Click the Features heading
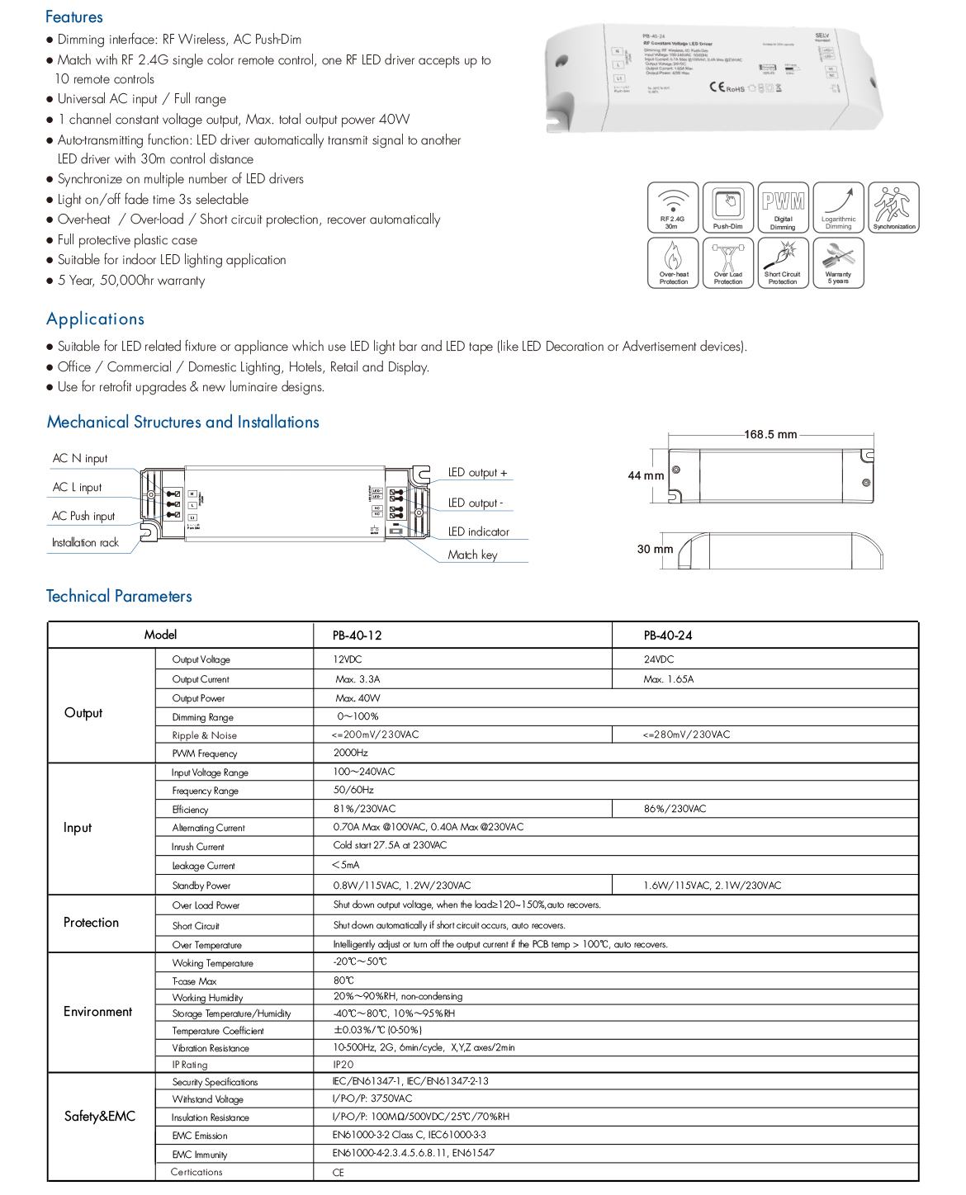(x=74, y=17)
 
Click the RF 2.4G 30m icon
(x=673, y=207)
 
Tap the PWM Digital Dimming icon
(x=783, y=207)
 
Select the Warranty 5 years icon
(x=838, y=262)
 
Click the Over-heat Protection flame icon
(x=673, y=262)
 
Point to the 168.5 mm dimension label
(x=770, y=435)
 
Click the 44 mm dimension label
(x=646, y=475)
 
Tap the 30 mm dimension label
(x=655, y=549)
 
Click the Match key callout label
(x=472, y=555)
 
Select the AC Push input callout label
(x=83, y=516)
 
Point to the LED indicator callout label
(x=478, y=531)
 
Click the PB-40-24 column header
(x=668, y=635)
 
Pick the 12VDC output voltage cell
(x=348, y=659)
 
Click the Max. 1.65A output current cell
(x=669, y=679)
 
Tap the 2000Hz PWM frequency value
(x=351, y=753)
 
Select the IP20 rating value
(x=343, y=1065)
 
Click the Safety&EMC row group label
(x=100, y=1116)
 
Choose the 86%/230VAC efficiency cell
(x=675, y=809)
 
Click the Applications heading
(x=96, y=319)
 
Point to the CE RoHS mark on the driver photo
(x=727, y=87)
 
